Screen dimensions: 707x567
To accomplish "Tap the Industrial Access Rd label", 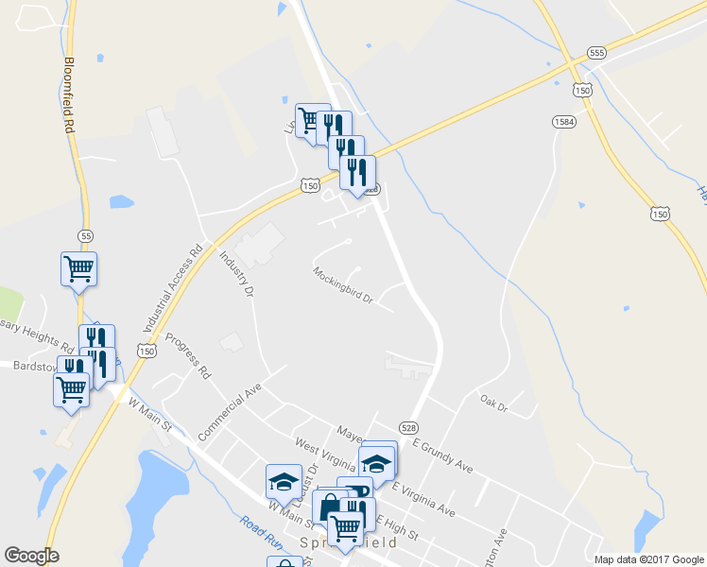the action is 173,289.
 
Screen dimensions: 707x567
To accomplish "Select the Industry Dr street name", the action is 236,274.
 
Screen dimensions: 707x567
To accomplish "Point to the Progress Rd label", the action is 187,355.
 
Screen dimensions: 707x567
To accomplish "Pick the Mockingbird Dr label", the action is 344,286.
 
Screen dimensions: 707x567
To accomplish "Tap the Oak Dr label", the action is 493,404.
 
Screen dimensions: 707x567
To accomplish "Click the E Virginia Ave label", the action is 423,501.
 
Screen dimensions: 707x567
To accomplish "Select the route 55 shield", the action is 87,234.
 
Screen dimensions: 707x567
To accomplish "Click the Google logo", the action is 31,556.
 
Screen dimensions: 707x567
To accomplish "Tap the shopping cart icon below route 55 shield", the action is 79,268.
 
